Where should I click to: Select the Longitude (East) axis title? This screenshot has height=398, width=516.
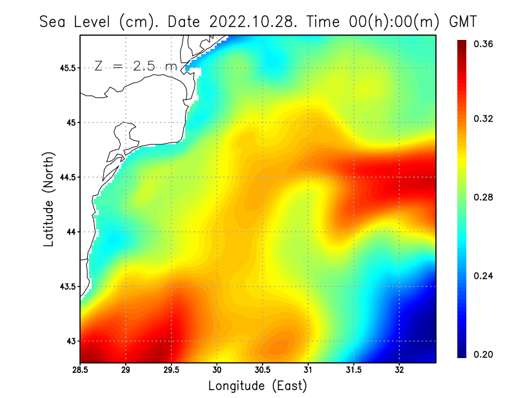257,386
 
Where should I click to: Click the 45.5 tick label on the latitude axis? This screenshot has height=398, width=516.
65,68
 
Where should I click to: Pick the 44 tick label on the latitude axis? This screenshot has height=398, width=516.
70,232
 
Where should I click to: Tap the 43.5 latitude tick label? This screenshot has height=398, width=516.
65,287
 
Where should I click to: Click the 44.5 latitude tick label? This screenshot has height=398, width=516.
65,177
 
